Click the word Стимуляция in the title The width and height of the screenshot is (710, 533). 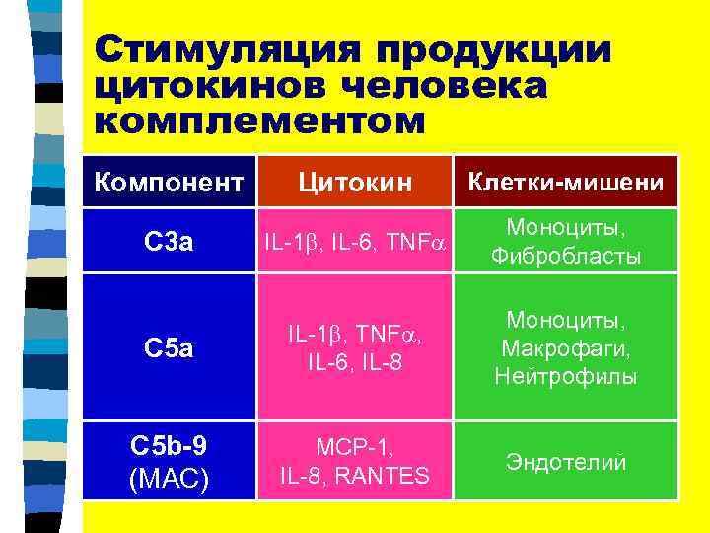click(x=227, y=51)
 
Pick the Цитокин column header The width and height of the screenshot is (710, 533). click(x=352, y=183)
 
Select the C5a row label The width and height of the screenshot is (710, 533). click(x=170, y=349)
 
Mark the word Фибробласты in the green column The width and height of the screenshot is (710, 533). click(x=566, y=257)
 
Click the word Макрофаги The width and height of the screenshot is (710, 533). click(x=566, y=349)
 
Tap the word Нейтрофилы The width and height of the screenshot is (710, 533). click(x=566, y=377)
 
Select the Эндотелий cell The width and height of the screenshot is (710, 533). click(x=566, y=462)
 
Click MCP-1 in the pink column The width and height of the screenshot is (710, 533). click(x=354, y=447)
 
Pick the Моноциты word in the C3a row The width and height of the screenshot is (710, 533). click(x=566, y=227)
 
